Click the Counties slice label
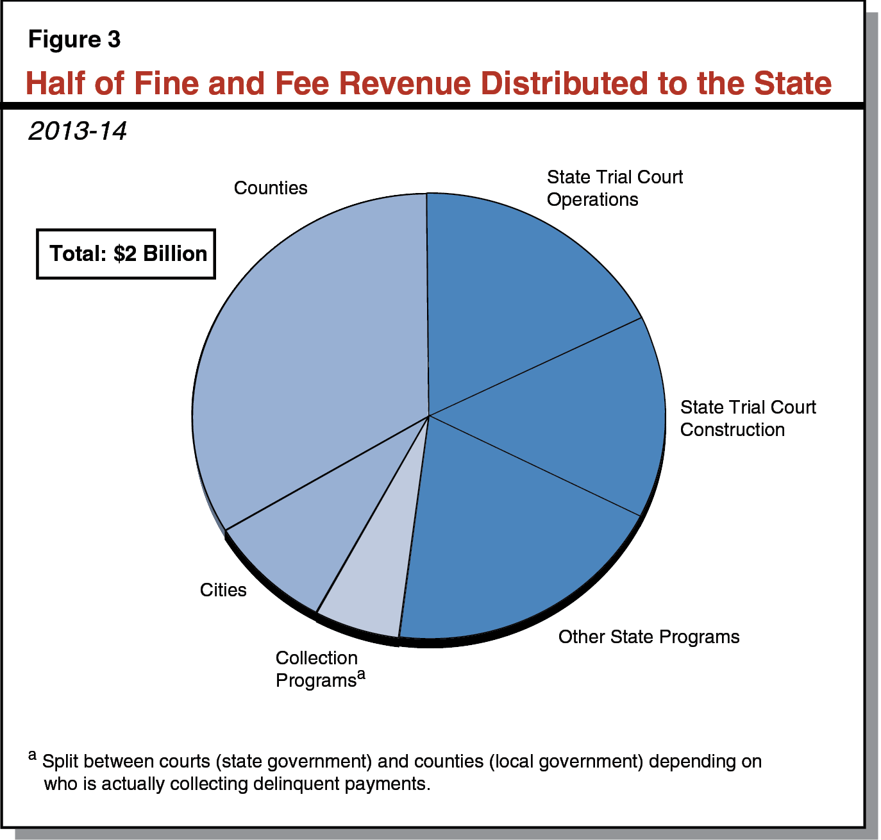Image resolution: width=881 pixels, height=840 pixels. click(x=270, y=188)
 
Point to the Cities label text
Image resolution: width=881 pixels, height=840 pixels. click(x=223, y=590)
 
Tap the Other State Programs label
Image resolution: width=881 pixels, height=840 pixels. click(x=648, y=637)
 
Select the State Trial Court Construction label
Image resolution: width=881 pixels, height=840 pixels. click(x=747, y=418)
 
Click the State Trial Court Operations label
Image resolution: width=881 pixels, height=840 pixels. click(x=614, y=188)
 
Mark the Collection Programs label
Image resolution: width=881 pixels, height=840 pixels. click(x=317, y=669)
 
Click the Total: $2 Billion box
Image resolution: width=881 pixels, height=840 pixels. click(x=126, y=254)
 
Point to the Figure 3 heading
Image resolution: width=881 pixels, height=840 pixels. click(x=74, y=40)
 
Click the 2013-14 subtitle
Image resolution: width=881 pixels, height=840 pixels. click(x=78, y=131)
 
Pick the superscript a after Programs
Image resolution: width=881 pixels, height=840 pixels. click(x=361, y=675)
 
